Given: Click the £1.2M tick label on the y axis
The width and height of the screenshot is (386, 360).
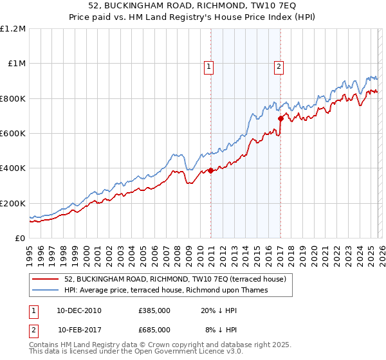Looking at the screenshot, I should pos(13,29).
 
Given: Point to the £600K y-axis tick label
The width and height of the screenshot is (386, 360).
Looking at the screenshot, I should pos(13,134).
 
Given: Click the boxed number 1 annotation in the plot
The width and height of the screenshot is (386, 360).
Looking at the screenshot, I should pos(210,65).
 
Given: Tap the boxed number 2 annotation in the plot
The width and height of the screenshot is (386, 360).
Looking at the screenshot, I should pos(279,65).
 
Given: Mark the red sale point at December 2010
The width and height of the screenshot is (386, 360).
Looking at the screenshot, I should pos(210,171).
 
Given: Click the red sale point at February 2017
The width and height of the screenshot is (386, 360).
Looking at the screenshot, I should pos(280,118).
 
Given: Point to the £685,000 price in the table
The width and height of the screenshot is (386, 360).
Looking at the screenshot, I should pos(154,329).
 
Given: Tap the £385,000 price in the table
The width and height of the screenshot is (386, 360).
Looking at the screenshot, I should pos(154,310).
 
